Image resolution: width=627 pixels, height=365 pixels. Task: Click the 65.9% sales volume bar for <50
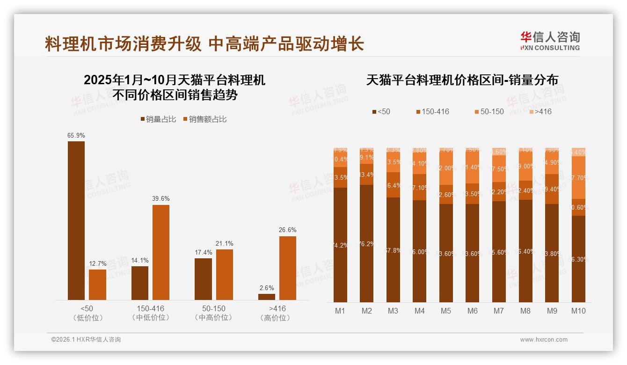pos(76,220)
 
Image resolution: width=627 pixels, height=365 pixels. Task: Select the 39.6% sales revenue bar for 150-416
pos(160,252)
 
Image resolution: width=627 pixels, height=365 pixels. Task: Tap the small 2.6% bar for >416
pos(267,297)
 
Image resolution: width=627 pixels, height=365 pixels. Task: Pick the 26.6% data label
pos(288,230)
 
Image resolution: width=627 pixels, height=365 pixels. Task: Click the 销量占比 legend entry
pos(158,119)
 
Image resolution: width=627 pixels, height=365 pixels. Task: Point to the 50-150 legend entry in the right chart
pos(489,111)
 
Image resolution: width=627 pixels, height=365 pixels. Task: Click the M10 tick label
pos(578,311)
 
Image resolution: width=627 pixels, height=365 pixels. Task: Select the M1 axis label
pos(340,311)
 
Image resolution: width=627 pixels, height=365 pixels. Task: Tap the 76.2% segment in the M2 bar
pos(367,243)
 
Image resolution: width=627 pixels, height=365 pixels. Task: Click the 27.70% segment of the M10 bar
pos(578,178)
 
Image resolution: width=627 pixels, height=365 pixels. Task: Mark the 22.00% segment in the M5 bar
pos(446,168)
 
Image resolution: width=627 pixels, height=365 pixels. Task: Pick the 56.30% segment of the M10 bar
pos(578,259)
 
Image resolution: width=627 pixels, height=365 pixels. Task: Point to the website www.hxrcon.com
pos(544,340)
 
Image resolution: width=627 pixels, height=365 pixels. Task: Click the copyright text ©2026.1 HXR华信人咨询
pos(86,340)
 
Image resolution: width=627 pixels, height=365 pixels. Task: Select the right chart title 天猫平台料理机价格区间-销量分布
pos(462,80)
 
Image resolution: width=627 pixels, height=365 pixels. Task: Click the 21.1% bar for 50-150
pos(224,275)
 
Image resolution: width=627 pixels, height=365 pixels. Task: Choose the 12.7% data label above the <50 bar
pos(97,264)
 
